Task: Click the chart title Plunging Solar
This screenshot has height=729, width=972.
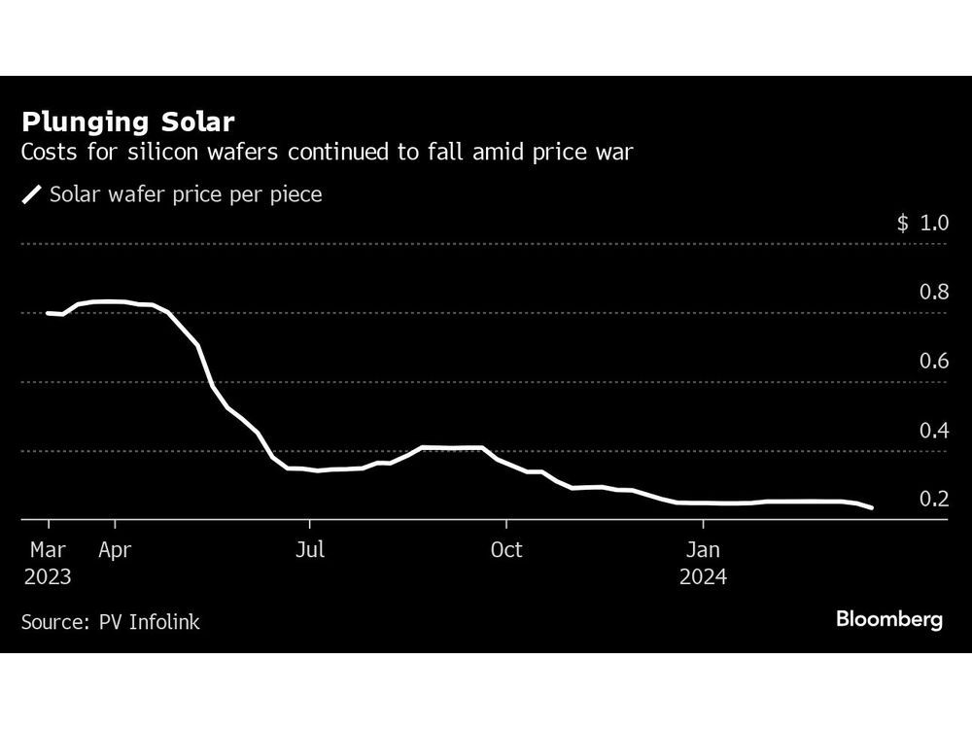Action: (128, 123)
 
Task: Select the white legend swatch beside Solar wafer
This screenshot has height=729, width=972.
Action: (32, 194)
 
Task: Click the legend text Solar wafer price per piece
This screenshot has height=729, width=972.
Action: (185, 194)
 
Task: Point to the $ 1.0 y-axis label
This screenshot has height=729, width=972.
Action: (921, 223)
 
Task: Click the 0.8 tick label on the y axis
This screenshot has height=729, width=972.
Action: (934, 292)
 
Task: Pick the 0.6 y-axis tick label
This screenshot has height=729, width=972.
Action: (934, 361)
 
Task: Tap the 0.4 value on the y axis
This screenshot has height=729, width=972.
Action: (934, 430)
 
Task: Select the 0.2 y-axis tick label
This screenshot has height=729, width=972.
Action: (934, 499)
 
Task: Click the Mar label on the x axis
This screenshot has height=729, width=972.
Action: (47, 550)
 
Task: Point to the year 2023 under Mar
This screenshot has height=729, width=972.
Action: (48, 576)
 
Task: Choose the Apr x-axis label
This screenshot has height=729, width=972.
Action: (115, 550)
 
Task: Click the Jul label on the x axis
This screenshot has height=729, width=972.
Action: (309, 550)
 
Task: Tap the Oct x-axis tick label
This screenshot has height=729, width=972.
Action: (505, 550)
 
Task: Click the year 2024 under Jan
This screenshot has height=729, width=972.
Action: (703, 576)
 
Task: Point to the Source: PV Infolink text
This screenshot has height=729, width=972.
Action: (110, 622)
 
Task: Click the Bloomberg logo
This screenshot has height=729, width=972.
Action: (888, 619)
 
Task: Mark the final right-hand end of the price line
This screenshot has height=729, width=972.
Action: (872, 507)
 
